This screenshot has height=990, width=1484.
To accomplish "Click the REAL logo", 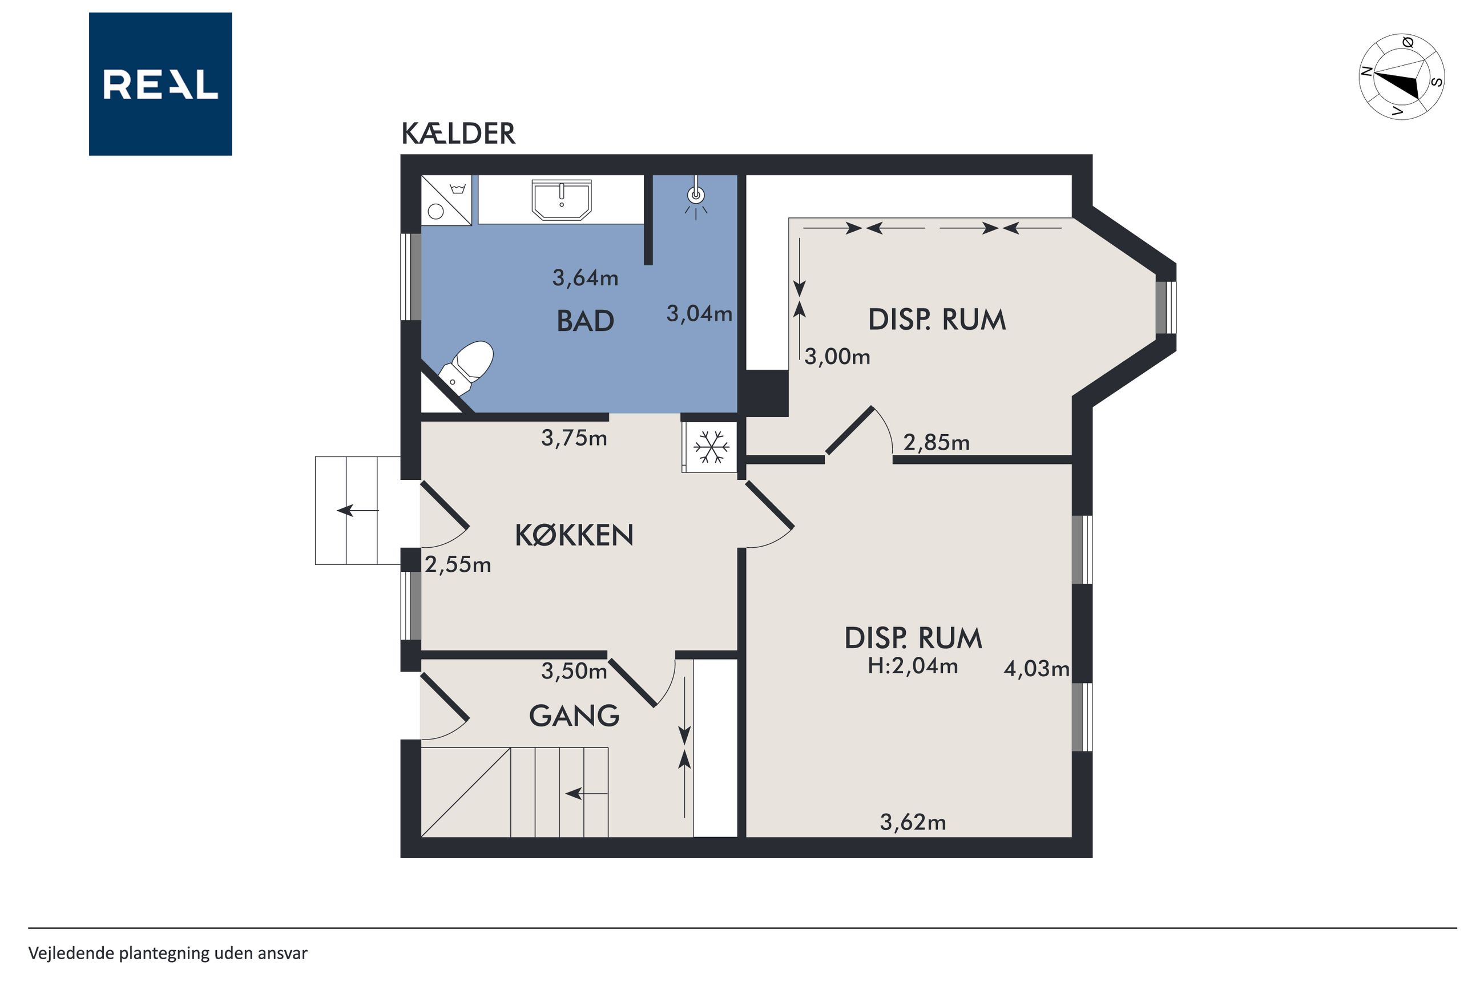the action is [160, 84].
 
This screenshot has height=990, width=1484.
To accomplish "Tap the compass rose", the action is [1401, 76].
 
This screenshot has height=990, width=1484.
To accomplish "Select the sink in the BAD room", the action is [562, 200].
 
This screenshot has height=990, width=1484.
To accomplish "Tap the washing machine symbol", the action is [446, 200].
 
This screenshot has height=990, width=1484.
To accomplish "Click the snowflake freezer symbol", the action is [711, 447].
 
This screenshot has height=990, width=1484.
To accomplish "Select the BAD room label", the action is [585, 321].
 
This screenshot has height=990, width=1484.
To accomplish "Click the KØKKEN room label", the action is [574, 535].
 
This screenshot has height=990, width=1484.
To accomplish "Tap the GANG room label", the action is [574, 716].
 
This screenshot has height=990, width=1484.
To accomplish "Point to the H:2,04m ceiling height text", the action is [913, 666].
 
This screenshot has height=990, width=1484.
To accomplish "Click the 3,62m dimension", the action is [913, 822].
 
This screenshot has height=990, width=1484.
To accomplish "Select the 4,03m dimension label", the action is [1037, 669].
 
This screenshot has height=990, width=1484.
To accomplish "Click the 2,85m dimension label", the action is [936, 443].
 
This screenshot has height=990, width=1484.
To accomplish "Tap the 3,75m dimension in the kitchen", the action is [574, 438].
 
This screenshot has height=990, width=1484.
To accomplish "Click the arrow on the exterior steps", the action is [357, 510].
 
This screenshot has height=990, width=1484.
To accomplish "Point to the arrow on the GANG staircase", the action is [586, 794].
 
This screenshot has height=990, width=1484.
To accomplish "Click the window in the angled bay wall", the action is [1166, 307].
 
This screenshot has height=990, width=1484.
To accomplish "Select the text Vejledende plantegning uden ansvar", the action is [168, 953].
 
